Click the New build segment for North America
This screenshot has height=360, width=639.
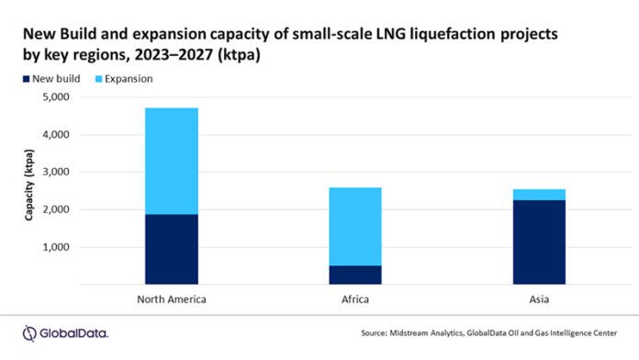coord(172,249)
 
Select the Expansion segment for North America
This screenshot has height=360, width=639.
coord(172,161)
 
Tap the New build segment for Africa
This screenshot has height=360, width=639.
coord(355,275)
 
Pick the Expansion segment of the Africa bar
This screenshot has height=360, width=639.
coord(355,226)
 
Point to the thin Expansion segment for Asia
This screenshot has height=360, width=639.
coord(539,195)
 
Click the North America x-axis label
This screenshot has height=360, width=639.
coord(172,298)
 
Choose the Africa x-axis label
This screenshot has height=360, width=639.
coord(355,298)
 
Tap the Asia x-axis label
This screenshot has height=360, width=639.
coord(539,298)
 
